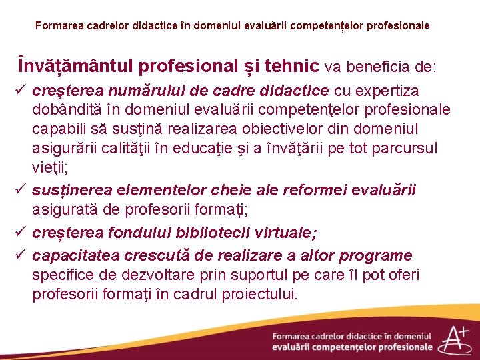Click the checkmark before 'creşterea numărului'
pyautogui.click(x=21, y=90)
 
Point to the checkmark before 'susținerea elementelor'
pyautogui.click(x=21, y=191)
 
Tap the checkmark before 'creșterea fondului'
pyautogui.click(x=21, y=233)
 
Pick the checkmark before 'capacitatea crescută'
pyautogui.click(x=21, y=255)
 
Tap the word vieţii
pyautogui.click(x=50, y=167)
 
